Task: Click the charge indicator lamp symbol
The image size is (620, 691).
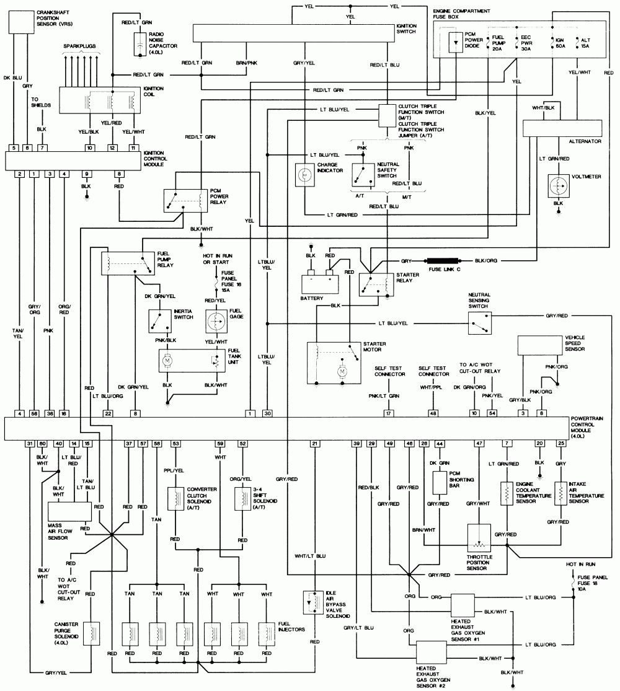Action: coord(305,175)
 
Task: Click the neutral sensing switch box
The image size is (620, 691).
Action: coord(480,320)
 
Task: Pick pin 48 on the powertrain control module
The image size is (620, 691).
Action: coord(433,413)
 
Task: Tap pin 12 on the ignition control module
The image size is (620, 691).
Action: coord(112,147)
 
